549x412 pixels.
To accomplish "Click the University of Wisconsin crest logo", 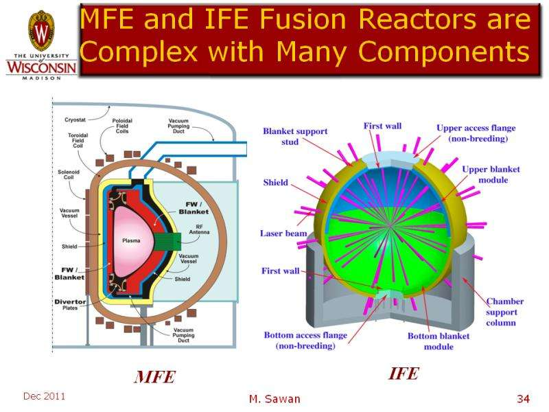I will [x=40, y=31].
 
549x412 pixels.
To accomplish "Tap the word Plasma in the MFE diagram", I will [x=131, y=241].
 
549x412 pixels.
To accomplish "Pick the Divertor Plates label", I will [x=71, y=306].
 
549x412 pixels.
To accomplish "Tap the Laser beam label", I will [x=283, y=233].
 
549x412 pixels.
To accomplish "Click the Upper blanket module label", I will [x=491, y=174].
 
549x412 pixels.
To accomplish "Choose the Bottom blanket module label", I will [x=439, y=341].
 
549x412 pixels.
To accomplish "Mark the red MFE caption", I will [x=154, y=377].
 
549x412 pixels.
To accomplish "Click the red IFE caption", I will [x=403, y=374].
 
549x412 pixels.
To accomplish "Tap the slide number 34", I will [x=524, y=399].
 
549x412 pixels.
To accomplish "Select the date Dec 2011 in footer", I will [x=44, y=397].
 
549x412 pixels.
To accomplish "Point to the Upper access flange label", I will [x=476, y=133].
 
